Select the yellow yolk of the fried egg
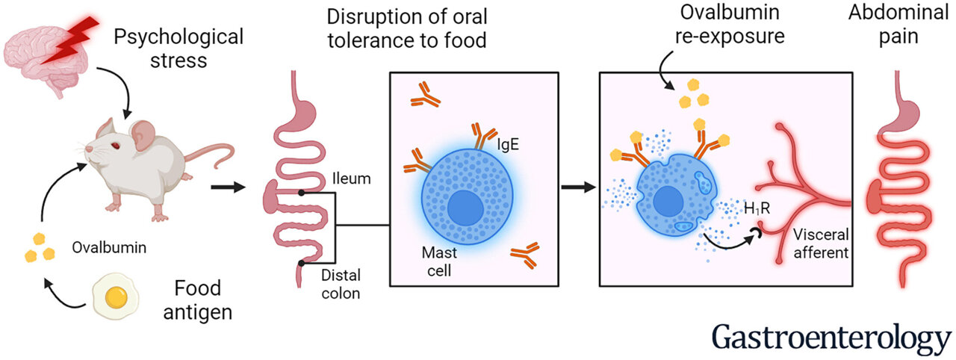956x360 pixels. (117, 298)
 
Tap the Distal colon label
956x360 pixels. (341, 285)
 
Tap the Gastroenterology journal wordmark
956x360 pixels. (831, 337)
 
